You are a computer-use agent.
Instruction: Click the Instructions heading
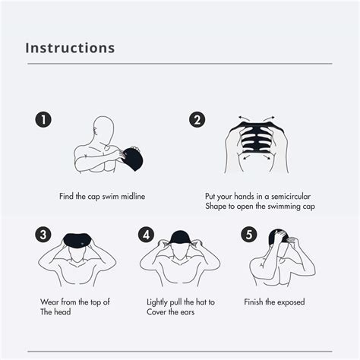tap(70, 47)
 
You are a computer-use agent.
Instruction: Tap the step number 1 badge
tap(44, 119)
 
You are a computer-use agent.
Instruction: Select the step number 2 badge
tap(197, 119)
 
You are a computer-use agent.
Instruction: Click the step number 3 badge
tap(44, 234)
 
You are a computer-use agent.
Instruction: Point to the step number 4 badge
tap(147, 234)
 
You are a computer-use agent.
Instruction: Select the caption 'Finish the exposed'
tap(274, 302)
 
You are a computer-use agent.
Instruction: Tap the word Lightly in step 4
tap(159, 302)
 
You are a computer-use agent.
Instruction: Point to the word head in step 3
tap(62, 312)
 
